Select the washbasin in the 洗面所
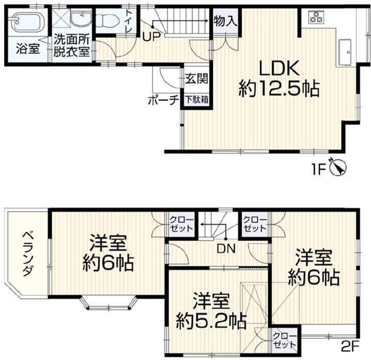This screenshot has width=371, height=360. pos(82,18)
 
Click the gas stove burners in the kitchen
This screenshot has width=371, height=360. pos(316,17)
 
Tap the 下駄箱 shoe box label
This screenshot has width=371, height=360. pos(197,100)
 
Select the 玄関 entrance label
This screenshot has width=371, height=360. pos(197,78)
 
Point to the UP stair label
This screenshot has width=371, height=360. pos(152,37)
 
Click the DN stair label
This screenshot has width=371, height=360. pos(227,249)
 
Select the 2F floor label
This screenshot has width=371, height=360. pos(351,347)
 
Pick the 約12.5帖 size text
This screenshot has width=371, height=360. pos(279,88)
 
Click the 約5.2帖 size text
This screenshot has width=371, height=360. pos(211,321)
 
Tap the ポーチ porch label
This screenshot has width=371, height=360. pos(164,100)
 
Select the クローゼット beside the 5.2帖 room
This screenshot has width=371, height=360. pos(285,340)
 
